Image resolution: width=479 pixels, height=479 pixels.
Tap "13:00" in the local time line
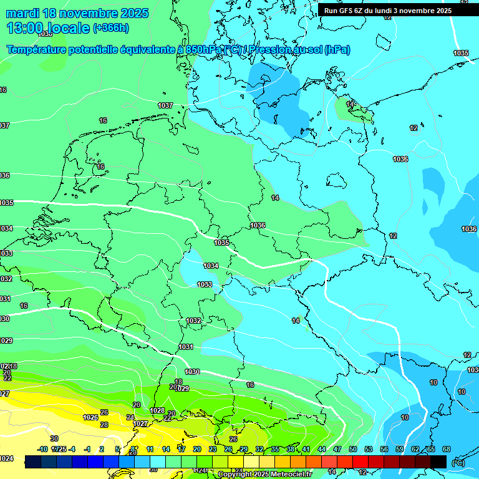(x=23, y=28)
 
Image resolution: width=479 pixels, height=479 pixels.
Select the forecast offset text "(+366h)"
(x=110, y=28)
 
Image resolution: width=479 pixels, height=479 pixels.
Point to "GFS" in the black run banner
(x=349, y=11)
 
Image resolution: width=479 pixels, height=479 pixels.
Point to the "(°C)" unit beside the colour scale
(x=457, y=462)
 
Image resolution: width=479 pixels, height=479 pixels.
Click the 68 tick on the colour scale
(x=446, y=449)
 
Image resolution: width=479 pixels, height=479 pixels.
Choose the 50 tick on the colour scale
(x=352, y=449)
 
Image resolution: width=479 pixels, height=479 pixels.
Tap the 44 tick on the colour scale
(x=321, y=449)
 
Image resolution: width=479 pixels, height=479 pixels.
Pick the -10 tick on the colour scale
(x=42, y=449)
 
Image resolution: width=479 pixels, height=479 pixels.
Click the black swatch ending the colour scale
(x=438, y=462)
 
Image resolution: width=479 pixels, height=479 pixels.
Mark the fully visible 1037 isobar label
(x=165, y=105)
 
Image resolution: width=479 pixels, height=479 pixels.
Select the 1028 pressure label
(x=157, y=410)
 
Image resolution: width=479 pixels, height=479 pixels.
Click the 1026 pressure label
(x=90, y=417)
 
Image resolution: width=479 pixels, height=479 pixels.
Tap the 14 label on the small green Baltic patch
(x=351, y=104)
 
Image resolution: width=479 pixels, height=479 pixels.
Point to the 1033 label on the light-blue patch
(x=205, y=284)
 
